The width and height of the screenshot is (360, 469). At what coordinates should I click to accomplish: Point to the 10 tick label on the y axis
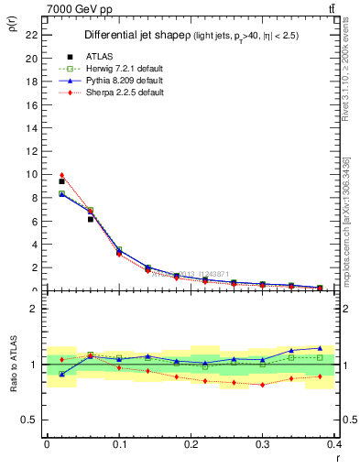click(x=31, y=174)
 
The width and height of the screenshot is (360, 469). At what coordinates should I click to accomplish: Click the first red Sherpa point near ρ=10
click(x=61, y=175)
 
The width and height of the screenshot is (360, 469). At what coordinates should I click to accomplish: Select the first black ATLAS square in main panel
click(x=61, y=181)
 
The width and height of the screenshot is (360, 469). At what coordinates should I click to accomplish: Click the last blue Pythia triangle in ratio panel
click(x=320, y=348)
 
